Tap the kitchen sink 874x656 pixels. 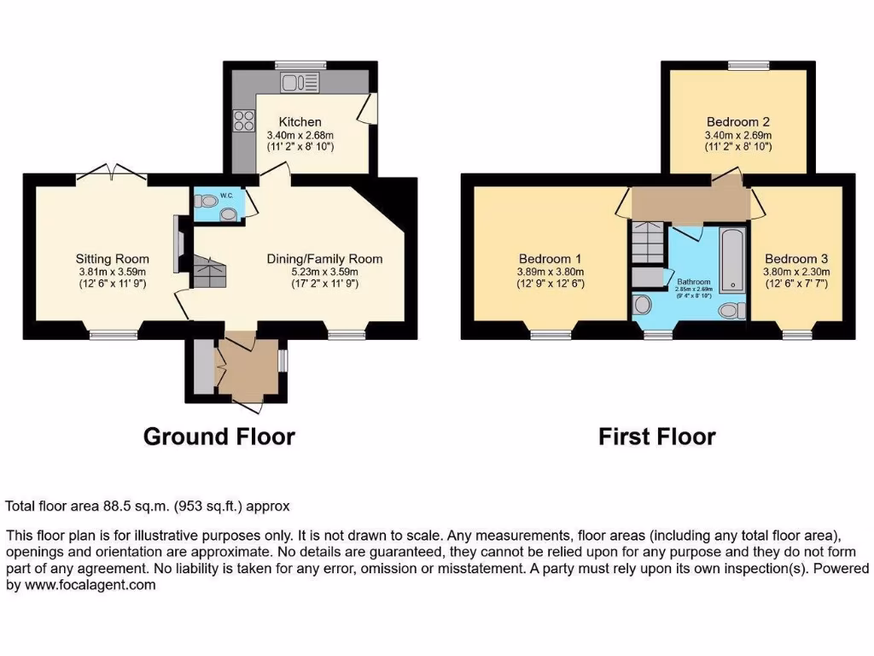(x=300, y=82)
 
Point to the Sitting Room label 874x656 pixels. (x=112, y=259)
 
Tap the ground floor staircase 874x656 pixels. (x=210, y=272)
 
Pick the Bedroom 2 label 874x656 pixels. (x=738, y=122)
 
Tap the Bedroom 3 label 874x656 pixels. (x=796, y=259)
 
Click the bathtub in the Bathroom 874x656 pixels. (x=732, y=256)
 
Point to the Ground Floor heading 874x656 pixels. (x=218, y=436)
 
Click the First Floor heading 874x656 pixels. (x=656, y=436)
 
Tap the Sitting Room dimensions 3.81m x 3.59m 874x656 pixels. (x=112, y=272)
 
